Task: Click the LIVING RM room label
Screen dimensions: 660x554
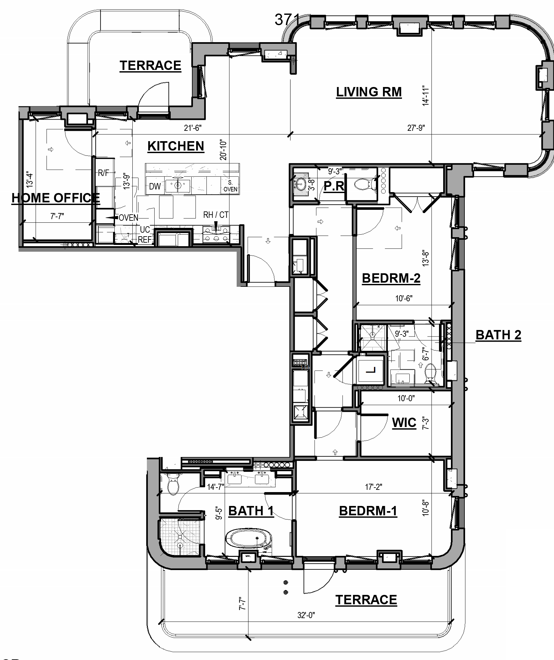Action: click(x=369, y=92)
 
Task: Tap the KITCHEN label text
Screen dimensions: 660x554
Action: click(x=176, y=146)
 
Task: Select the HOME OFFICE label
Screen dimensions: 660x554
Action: click(x=56, y=198)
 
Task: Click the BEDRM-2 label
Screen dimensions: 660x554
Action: click(x=391, y=278)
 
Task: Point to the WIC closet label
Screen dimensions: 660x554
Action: click(x=404, y=422)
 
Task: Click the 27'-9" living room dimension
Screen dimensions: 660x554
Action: click(x=416, y=128)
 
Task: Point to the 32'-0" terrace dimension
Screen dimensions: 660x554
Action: click(x=306, y=615)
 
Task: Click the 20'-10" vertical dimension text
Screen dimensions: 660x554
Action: click(x=223, y=150)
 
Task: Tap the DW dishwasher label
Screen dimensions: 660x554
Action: click(x=155, y=187)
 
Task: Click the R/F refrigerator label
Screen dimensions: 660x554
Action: click(x=103, y=173)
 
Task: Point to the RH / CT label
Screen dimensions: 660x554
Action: click(x=215, y=215)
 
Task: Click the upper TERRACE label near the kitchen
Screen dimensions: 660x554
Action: click(x=150, y=66)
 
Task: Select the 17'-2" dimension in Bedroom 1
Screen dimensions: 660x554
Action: click(x=373, y=487)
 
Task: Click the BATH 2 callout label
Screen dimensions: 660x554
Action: click(x=498, y=335)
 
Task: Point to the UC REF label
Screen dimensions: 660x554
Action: click(x=145, y=235)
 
